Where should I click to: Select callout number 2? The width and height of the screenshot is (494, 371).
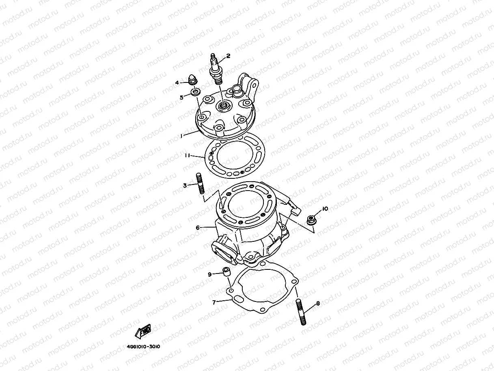coord(228,56)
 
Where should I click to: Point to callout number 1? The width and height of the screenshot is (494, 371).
coord(181,137)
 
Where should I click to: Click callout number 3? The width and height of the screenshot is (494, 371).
coord(185,185)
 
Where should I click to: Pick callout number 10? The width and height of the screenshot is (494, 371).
coord(325,209)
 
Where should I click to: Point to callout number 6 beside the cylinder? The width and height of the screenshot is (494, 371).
coord(198,228)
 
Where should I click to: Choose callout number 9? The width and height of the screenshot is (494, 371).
coord(210,275)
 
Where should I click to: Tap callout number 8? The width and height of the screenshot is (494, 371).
coord(318,303)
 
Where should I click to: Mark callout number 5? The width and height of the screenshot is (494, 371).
coord(182,97)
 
